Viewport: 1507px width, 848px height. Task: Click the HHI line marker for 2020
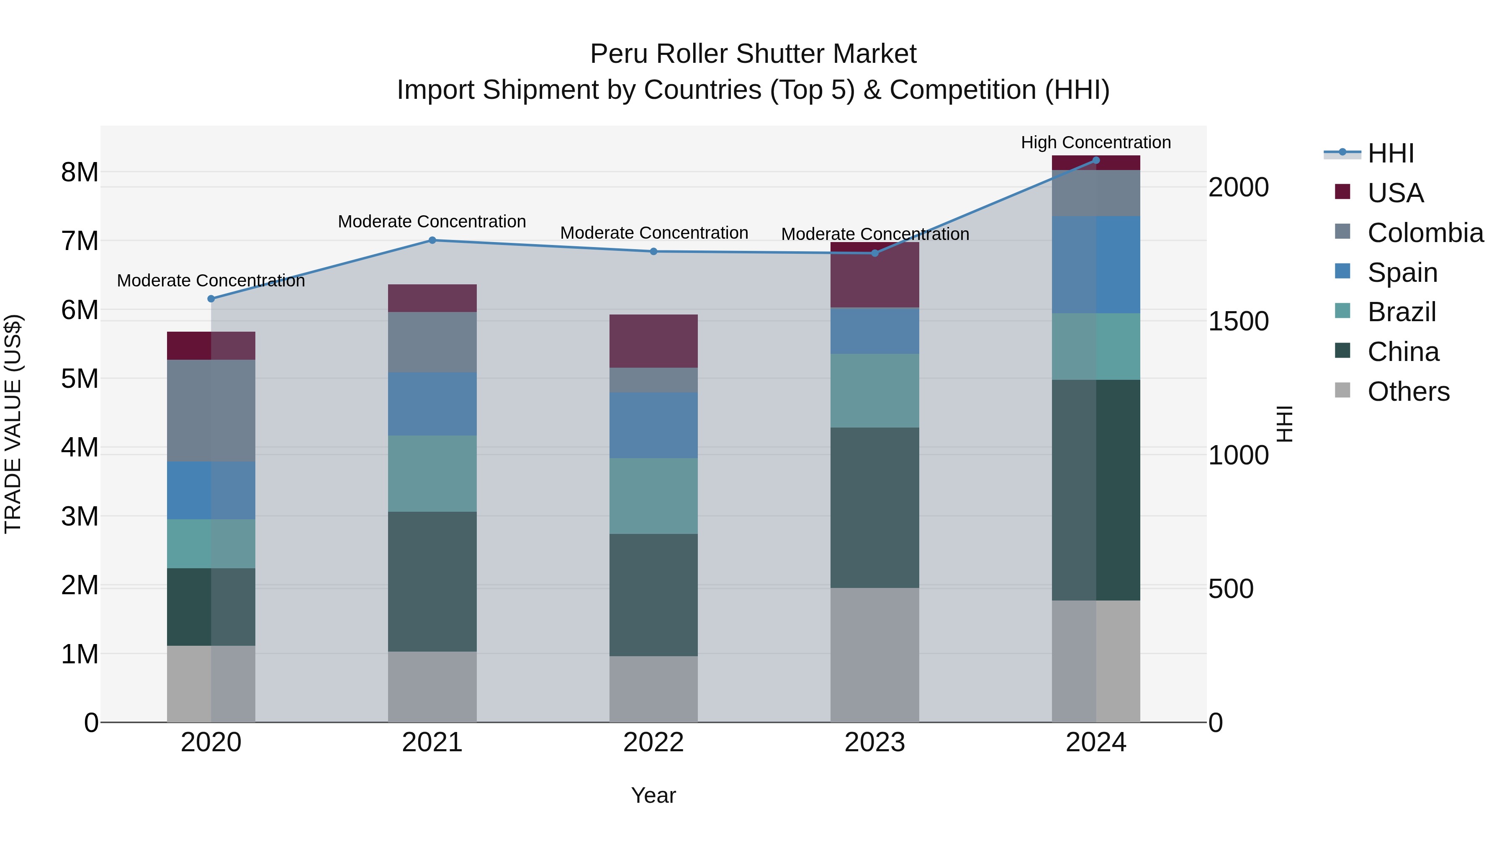point(211,299)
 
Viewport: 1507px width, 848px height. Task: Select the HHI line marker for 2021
point(432,240)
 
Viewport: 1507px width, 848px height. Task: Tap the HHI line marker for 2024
point(1096,160)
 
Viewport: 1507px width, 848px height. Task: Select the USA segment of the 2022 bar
point(653,341)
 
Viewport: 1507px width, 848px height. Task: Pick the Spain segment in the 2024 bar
point(1096,265)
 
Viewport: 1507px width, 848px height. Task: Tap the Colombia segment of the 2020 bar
point(211,410)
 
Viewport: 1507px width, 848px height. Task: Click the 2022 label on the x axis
point(653,742)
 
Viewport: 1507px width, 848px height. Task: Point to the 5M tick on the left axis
point(80,379)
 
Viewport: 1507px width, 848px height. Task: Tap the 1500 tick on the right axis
point(1238,321)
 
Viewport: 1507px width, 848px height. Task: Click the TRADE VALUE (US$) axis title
point(13,424)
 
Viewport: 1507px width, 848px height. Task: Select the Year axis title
point(653,795)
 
